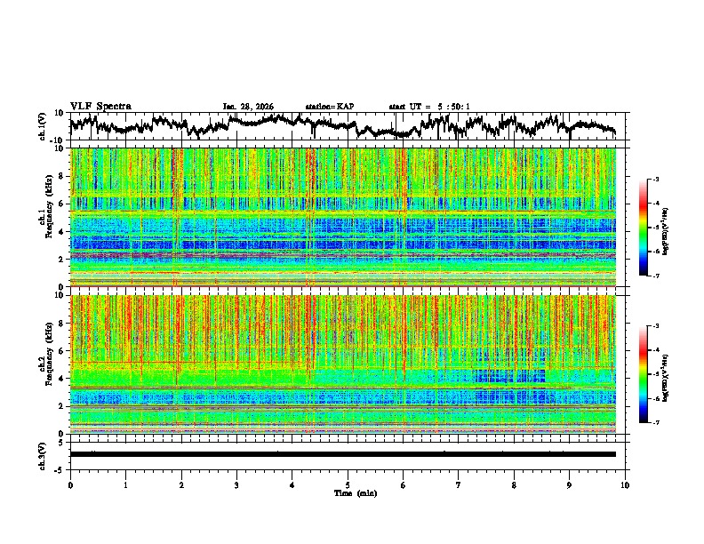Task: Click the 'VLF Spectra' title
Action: tap(100, 106)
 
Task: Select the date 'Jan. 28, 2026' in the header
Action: tap(248, 107)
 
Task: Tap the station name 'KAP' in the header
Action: tap(345, 107)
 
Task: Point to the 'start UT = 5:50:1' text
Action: tap(429, 107)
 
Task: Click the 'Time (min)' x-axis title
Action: tap(348, 492)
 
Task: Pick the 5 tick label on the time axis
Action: tap(348, 484)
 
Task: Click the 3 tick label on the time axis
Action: tap(236, 484)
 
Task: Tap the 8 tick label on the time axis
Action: tap(514, 484)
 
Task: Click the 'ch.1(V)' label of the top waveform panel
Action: tap(44, 126)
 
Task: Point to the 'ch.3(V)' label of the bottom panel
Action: tap(44, 454)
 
